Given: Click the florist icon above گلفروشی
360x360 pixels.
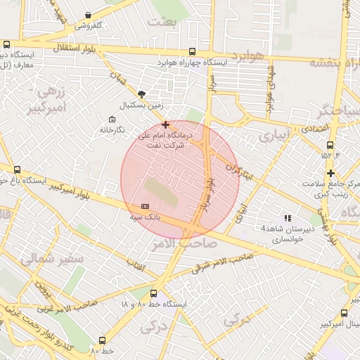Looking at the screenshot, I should pos(88,15).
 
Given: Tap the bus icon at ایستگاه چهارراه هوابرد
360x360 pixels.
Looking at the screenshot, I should pos(193,51).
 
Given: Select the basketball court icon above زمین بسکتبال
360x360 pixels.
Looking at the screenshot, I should pos(142,94).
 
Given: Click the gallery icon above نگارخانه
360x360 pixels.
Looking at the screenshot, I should pos(112,118).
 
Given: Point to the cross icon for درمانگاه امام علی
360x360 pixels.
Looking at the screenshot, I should pos(165,124).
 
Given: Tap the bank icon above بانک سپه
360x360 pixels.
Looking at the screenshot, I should pos(145,206).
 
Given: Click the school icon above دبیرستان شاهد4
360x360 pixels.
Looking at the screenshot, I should pos(286,217).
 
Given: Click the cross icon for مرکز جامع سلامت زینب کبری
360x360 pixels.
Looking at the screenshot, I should pos(330,173).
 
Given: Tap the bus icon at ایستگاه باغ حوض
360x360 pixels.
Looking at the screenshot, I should pos(18,169).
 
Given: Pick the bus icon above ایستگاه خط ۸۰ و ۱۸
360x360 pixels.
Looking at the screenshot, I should pos(154,293).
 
